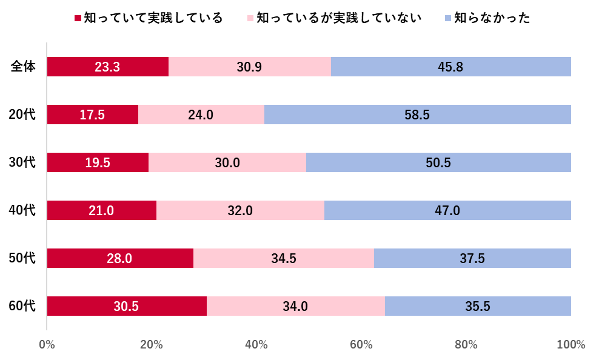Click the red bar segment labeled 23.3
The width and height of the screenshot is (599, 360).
[x=107, y=67]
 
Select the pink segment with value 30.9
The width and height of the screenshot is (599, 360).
[x=249, y=67]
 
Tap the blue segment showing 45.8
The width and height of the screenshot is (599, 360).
[x=450, y=67]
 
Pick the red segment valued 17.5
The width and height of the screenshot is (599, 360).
[x=92, y=115]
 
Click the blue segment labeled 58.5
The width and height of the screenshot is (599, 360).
[x=417, y=115]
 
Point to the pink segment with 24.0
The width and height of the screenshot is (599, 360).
[x=201, y=115]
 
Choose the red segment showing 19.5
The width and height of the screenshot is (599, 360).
[x=98, y=162]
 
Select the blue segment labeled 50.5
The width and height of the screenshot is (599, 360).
[x=438, y=162]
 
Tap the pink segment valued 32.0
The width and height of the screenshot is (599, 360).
[x=240, y=210]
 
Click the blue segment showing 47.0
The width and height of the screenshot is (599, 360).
[x=447, y=210]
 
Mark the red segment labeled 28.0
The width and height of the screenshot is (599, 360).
[x=119, y=258]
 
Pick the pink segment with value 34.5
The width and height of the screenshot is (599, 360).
[x=284, y=258]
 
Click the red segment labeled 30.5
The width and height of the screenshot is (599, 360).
[x=126, y=306]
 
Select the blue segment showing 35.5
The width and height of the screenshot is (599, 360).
[x=478, y=306]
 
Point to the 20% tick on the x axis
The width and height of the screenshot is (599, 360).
[x=152, y=345]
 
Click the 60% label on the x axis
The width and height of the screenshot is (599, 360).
[x=361, y=345]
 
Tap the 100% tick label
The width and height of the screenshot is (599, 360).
[x=571, y=345]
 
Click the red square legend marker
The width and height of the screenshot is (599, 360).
[x=78, y=18]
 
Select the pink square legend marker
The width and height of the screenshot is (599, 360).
[x=250, y=18]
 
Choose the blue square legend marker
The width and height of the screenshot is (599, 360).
[x=448, y=18]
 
